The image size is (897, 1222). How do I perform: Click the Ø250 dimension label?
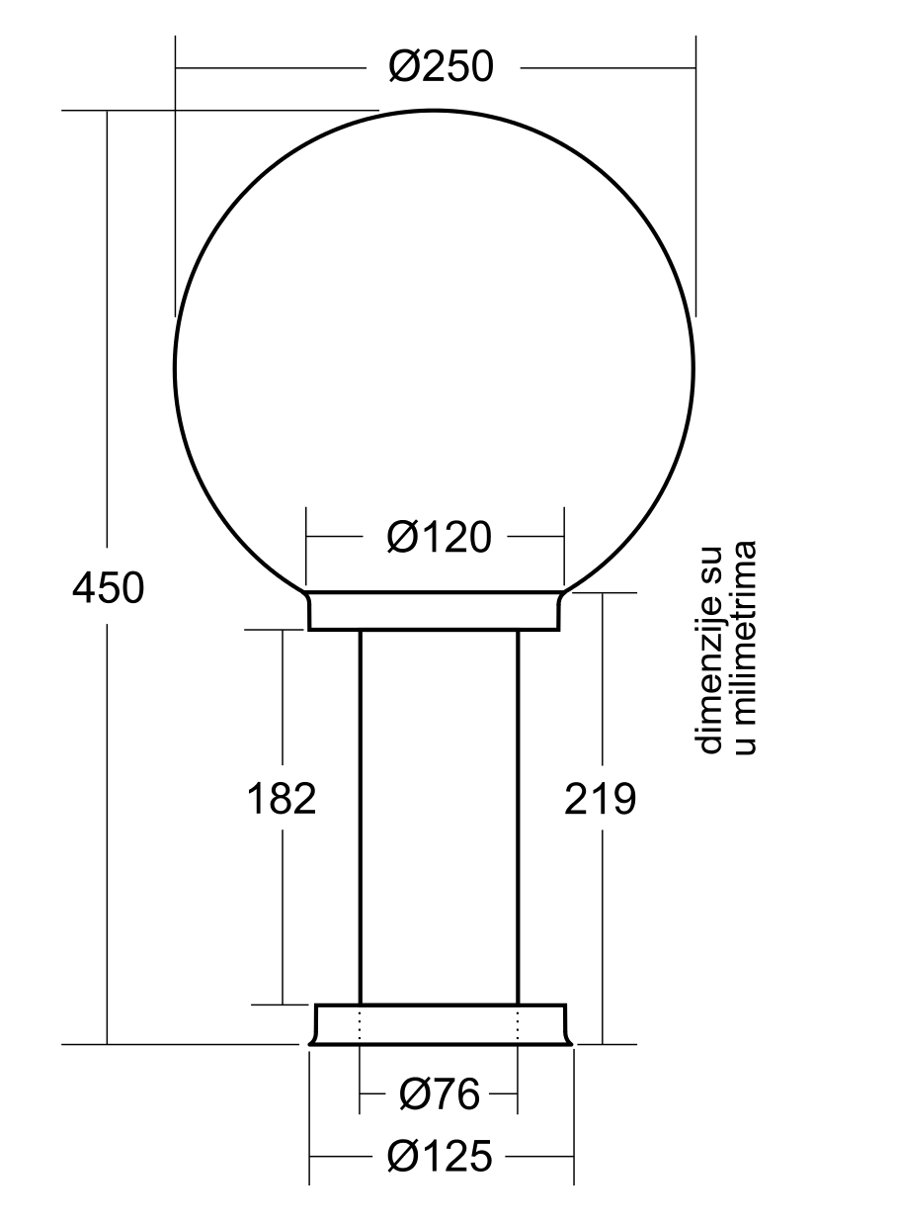point(441,66)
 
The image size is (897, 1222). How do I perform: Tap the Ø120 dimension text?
point(440,537)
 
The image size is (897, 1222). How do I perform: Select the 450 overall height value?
point(109,588)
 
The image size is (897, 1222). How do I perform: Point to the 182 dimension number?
point(282,799)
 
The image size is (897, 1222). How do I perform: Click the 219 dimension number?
point(600,799)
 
